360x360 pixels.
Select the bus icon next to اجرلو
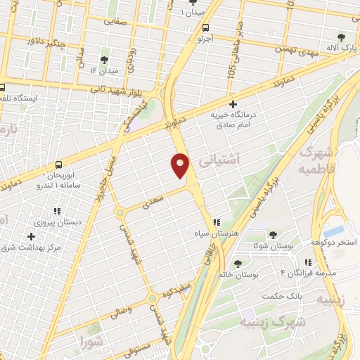click(205, 29)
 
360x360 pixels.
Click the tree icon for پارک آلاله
click(341, 37)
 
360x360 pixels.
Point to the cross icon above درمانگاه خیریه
click(233, 104)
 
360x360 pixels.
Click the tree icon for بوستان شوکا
click(273, 235)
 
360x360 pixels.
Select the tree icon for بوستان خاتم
click(239, 264)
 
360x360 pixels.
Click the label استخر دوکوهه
click(333, 242)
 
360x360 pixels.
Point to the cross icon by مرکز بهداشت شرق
click(30, 236)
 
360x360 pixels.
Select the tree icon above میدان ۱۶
click(104, 59)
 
